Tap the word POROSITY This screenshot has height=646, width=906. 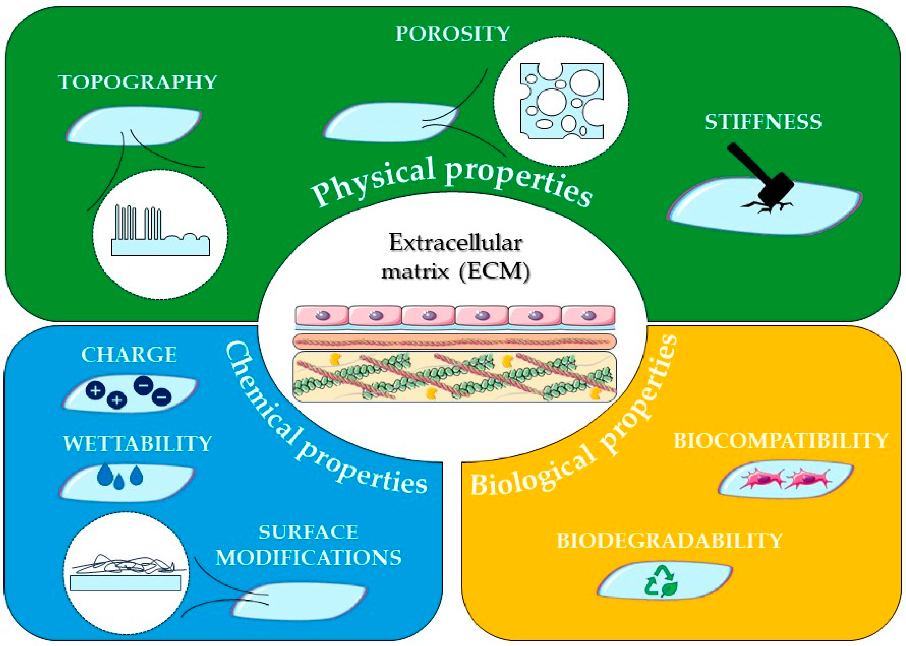pos(452,34)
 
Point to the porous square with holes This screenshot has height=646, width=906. pos(561,101)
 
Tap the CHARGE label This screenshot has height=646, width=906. pos(129,355)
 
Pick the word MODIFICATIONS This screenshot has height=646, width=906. pos(309,558)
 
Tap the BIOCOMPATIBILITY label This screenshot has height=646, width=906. pos(780,441)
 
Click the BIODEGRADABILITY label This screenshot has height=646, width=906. pos(670,541)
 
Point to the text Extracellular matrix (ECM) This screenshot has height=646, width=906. pos(455,257)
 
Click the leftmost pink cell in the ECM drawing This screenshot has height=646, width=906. pos(322,316)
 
